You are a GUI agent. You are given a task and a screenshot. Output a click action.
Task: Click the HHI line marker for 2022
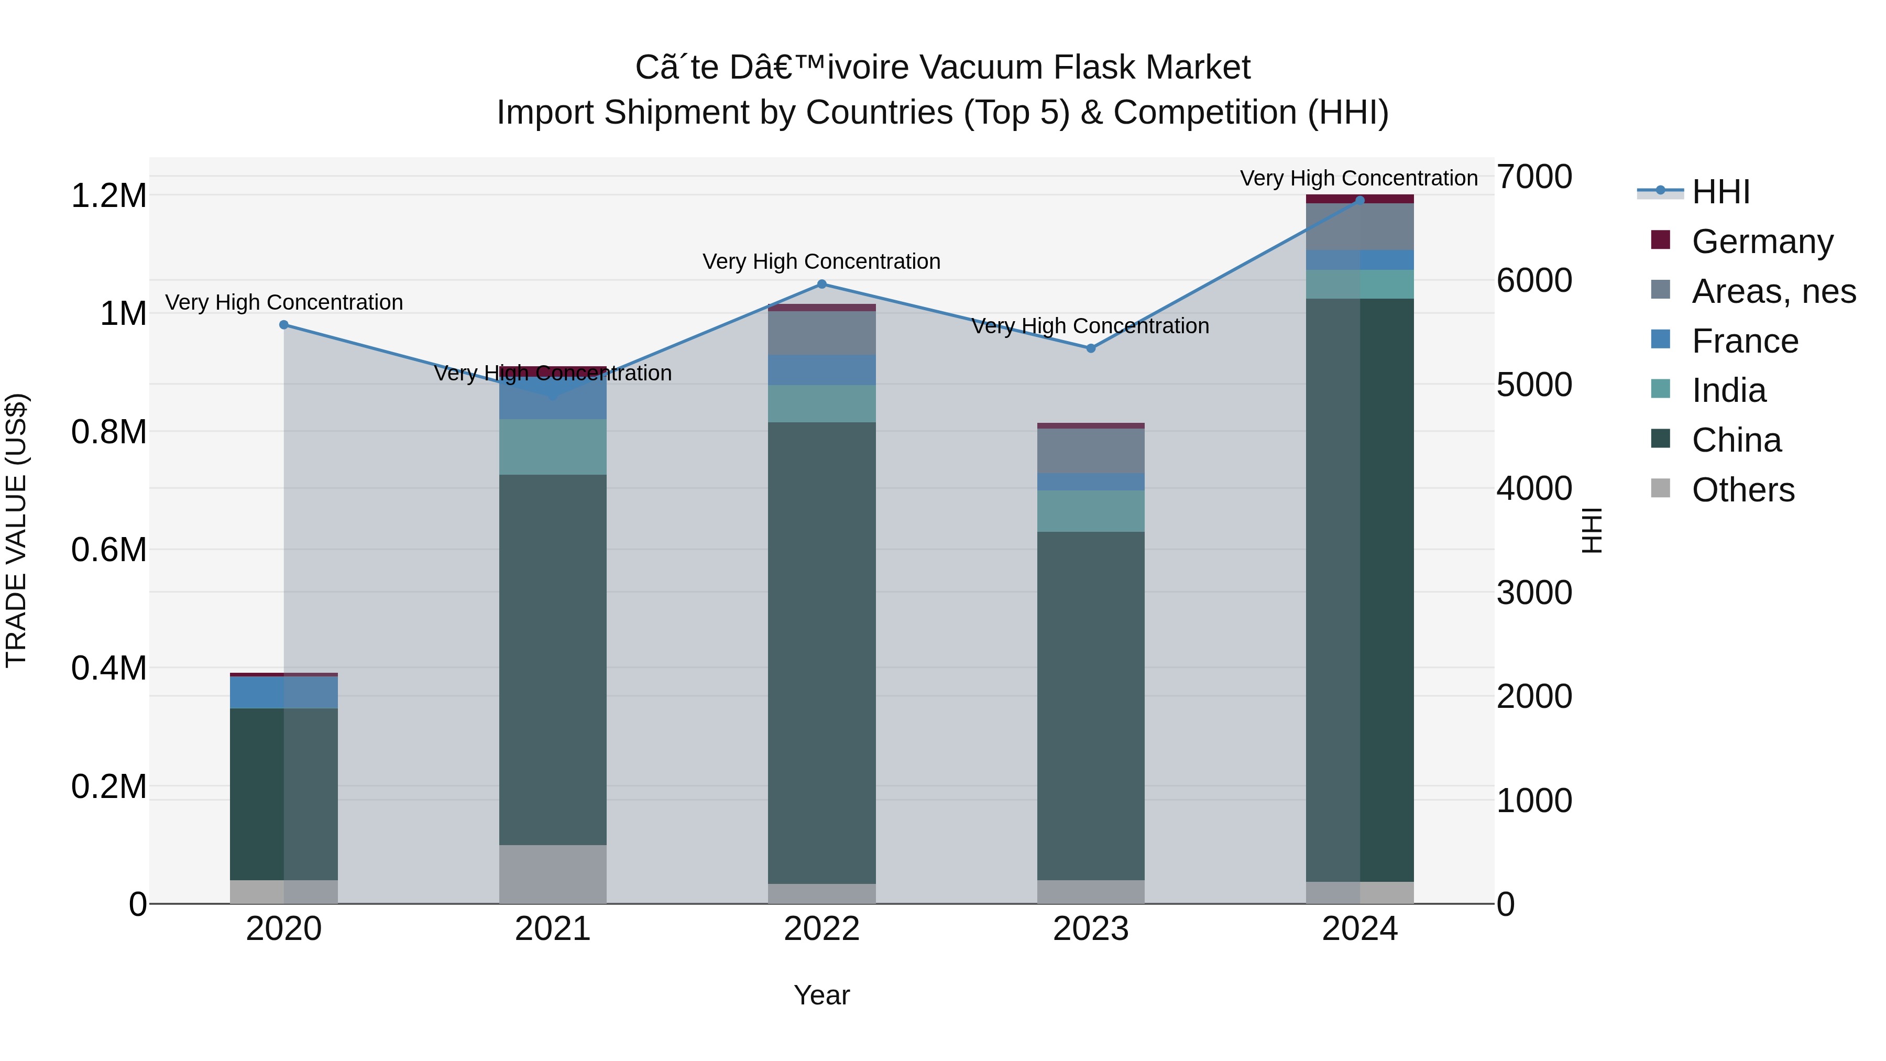(x=821, y=284)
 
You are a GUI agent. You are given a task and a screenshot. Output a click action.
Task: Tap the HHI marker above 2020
(x=284, y=325)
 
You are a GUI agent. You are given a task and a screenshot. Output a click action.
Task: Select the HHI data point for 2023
(x=1091, y=348)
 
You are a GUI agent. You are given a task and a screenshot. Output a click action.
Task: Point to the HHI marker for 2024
(x=1359, y=201)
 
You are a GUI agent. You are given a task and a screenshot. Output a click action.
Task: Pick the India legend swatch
(x=1661, y=389)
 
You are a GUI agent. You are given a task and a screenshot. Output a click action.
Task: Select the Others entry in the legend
(x=1742, y=490)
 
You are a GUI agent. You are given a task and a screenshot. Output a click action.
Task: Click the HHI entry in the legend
(x=1720, y=192)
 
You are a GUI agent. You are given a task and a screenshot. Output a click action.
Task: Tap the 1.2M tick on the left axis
(x=108, y=196)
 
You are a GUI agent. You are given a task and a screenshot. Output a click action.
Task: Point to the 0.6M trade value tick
(x=108, y=550)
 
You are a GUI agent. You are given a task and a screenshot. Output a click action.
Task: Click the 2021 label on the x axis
(x=553, y=929)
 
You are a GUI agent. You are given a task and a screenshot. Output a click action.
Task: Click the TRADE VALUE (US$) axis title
(x=16, y=530)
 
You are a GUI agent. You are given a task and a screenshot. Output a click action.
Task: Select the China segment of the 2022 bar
(x=821, y=652)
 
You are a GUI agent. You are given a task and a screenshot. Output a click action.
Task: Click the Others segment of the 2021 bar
(x=553, y=874)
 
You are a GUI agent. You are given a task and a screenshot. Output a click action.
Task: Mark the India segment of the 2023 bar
(x=1091, y=511)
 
